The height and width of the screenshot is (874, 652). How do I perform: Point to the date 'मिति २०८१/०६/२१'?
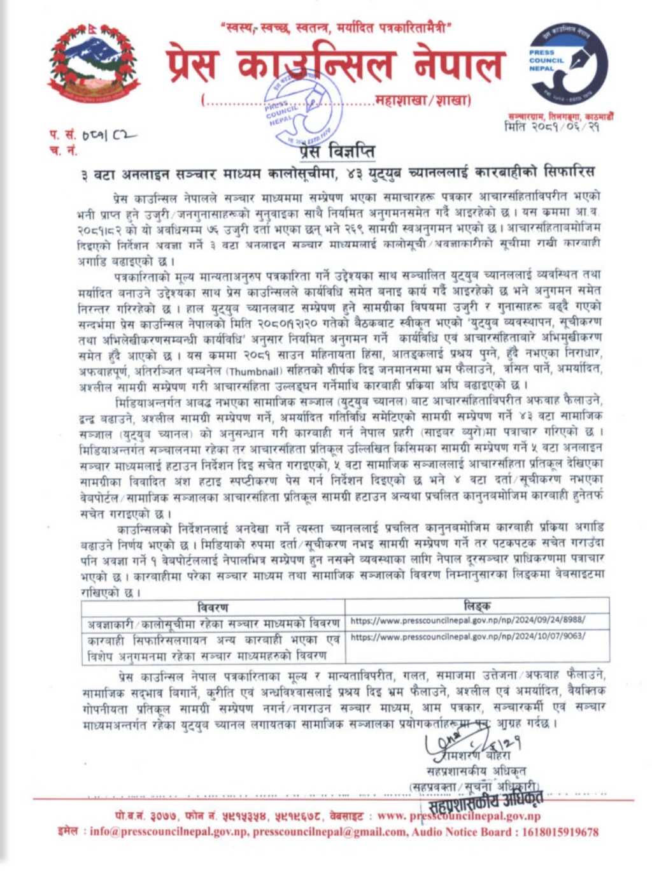pyautogui.click(x=551, y=126)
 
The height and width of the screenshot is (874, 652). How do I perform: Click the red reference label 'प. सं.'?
pyautogui.click(x=62, y=135)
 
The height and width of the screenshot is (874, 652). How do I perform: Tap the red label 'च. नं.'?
pyautogui.click(x=62, y=150)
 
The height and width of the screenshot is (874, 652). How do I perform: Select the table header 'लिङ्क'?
pyautogui.click(x=477, y=606)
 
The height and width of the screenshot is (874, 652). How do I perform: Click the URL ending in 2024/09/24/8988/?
pyautogui.click(x=468, y=620)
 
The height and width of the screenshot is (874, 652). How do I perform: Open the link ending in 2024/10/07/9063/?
pyautogui.click(x=468, y=636)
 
